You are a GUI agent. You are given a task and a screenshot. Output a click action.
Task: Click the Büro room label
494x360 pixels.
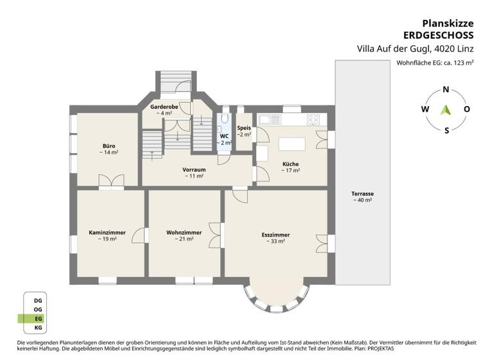point(108,146)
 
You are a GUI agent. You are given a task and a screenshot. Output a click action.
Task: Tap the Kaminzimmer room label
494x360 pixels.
point(107,232)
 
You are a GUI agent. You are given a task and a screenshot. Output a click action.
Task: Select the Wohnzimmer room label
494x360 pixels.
point(184,232)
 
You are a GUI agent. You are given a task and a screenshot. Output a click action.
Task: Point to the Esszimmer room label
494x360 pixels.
point(275,235)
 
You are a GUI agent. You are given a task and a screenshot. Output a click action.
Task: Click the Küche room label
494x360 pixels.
point(290,164)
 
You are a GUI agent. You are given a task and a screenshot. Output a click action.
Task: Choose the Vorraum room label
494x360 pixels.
point(194,170)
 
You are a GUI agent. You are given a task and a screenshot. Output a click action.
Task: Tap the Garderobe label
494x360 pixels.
point(163,106)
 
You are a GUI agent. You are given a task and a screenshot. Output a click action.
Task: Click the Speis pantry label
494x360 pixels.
point(244,127)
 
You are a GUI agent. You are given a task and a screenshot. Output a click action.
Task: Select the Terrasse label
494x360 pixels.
point(363,194)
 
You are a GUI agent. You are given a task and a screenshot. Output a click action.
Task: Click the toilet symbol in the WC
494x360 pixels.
point(225,120)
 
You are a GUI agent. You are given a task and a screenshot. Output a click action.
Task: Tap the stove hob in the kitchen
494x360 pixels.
point(313,119)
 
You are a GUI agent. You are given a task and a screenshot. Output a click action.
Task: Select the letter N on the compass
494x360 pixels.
point(446,90)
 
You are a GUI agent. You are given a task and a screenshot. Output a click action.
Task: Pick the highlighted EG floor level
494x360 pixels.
point(37,318)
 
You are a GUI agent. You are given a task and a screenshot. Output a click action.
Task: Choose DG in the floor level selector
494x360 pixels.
point(37,299)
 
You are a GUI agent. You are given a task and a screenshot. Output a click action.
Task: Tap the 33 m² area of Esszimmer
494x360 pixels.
point(275,242)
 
